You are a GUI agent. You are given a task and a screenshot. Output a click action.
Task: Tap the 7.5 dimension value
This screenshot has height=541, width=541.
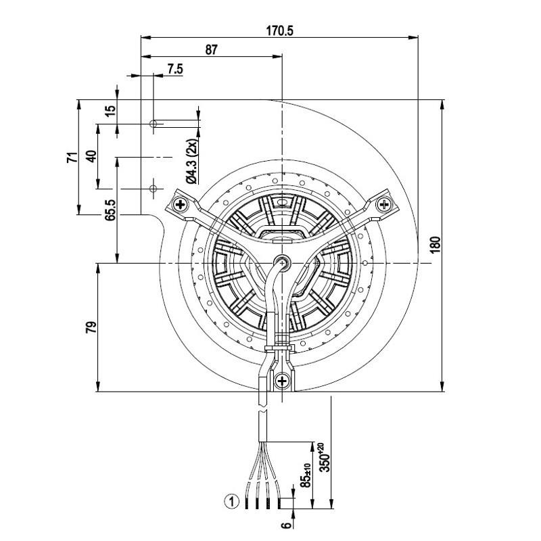point(174,68)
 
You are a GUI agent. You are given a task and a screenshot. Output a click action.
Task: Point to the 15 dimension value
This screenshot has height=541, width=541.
point(111,111)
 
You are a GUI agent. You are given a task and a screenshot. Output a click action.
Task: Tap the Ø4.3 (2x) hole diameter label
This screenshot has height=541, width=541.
point(191,160)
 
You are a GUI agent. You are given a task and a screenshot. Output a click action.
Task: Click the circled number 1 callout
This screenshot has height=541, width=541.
point(232,502)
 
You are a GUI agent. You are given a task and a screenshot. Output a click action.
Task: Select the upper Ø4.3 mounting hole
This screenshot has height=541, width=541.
point(154,124)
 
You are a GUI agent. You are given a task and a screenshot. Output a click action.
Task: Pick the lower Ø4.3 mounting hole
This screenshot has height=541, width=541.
point(154,187)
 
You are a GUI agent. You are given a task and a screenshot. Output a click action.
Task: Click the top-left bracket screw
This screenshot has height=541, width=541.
point(181,204)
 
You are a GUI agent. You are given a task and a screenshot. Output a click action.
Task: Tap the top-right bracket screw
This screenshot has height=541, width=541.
point(383,204)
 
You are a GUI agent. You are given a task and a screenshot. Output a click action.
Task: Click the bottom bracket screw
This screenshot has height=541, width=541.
point(281,381)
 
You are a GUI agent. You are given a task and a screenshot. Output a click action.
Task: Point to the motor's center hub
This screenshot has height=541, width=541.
point(281,262)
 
